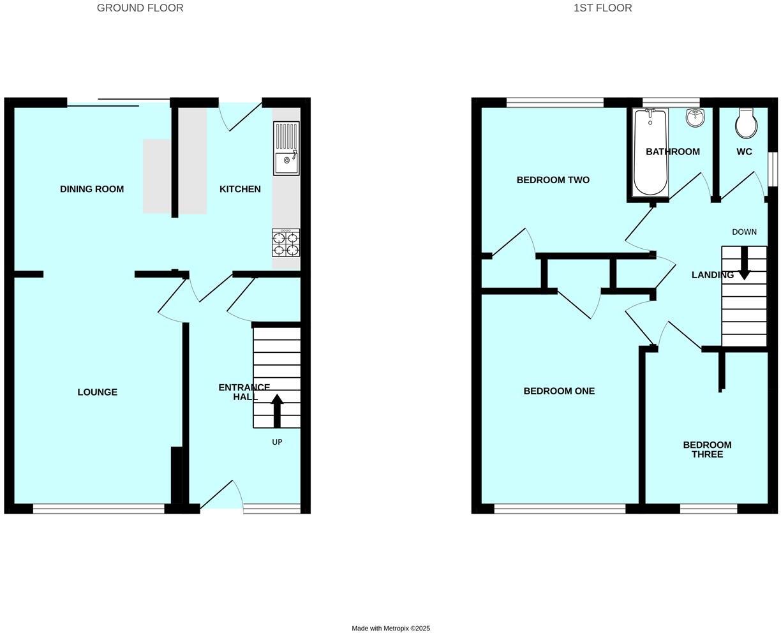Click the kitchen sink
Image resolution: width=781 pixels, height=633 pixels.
point(286,148)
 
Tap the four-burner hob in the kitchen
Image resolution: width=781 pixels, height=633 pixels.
point(286,242)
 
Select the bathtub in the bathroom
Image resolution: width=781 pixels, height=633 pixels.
point(650,153)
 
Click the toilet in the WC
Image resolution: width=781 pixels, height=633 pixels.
point(746,124)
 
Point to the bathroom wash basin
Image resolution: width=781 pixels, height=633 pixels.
point(695,117)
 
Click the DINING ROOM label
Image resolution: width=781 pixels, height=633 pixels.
point(92,189)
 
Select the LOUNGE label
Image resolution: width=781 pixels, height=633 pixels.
point(98,392)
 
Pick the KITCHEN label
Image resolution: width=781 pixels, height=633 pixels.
point(240,189)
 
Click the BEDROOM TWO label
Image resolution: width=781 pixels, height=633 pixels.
point(553,180)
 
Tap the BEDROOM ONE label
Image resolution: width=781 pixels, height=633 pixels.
point(559,391)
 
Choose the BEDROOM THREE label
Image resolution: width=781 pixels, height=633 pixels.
point(707,450)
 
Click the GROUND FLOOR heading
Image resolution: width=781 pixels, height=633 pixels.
point(140,8)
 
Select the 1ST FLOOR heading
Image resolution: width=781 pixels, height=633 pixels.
point(602,8)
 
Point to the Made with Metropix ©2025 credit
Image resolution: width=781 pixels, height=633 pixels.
point(390,629)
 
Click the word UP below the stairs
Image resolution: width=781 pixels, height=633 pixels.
point(277,442)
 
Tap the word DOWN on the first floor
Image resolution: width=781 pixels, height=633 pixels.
point(744,232)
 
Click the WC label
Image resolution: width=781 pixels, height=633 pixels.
point(744,152)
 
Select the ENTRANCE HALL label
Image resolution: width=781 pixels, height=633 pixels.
point(244,392)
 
